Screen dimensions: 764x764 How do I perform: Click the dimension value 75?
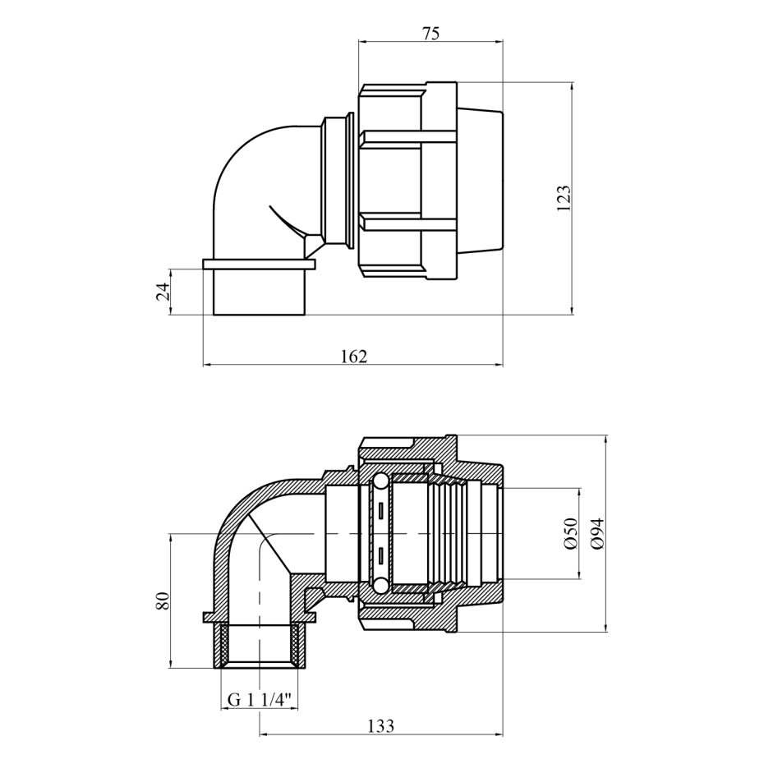point(430,33)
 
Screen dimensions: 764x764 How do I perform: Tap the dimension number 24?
point(163,292)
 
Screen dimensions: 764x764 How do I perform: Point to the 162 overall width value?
point(354,357)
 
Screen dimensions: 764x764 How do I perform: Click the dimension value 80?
point(163,601)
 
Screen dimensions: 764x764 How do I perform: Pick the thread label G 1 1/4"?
point(260,700)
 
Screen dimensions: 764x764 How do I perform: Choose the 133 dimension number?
point(380,726)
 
